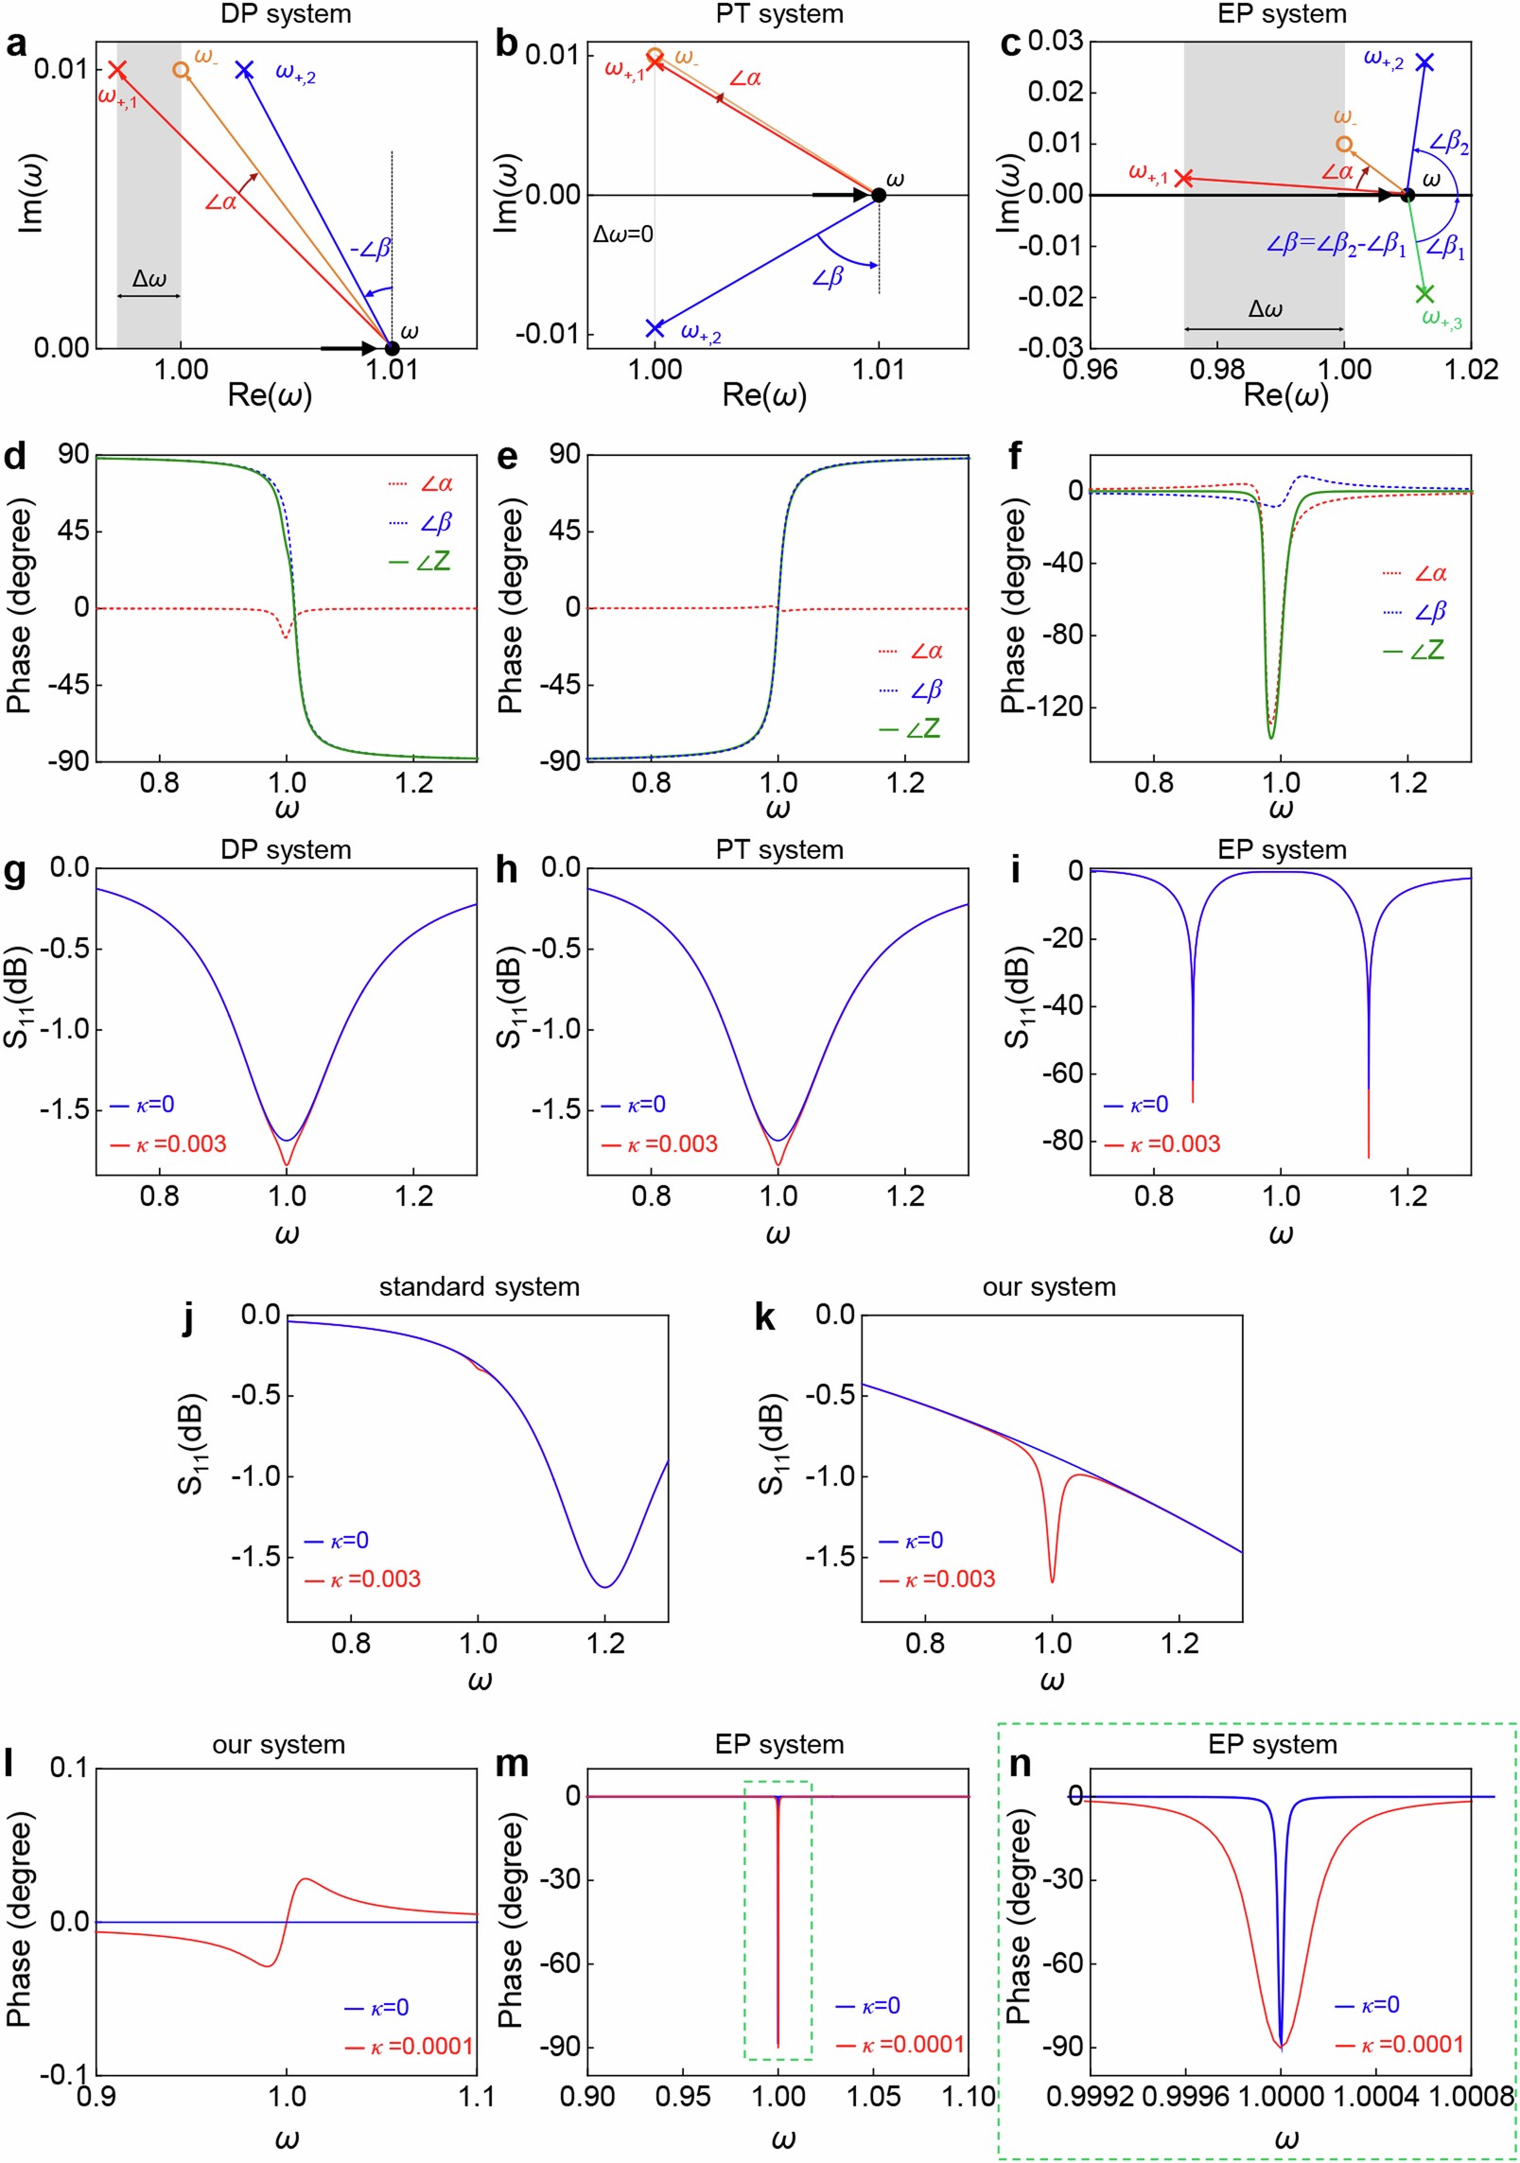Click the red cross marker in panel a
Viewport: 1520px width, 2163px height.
116,69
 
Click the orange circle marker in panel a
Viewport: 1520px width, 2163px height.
181,70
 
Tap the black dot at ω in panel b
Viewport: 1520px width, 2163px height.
878,195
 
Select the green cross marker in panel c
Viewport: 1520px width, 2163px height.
1424,293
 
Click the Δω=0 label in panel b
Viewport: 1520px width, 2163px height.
622,234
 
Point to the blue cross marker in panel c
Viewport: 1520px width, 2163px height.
1424,62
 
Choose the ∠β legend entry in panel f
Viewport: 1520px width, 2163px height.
1415,612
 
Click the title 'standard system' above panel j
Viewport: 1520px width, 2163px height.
479,1286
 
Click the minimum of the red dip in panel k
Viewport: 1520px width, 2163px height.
1052,1581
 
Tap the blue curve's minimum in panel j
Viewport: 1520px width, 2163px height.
605,1587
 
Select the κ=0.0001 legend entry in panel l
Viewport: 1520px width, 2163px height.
410,2047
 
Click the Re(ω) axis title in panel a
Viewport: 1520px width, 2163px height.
270,394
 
